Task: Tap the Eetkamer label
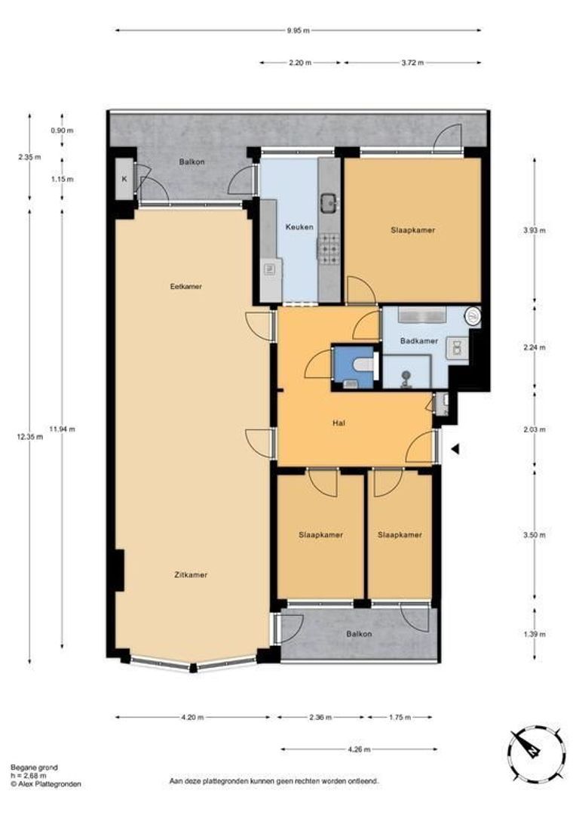186,287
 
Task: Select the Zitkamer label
189,574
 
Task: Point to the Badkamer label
419,341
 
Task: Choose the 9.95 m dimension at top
298,31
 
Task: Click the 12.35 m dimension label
31,436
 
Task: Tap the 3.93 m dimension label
533,232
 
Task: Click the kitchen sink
329,201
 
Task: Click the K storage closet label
124,180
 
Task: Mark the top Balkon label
191,162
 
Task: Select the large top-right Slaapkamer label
412,230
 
